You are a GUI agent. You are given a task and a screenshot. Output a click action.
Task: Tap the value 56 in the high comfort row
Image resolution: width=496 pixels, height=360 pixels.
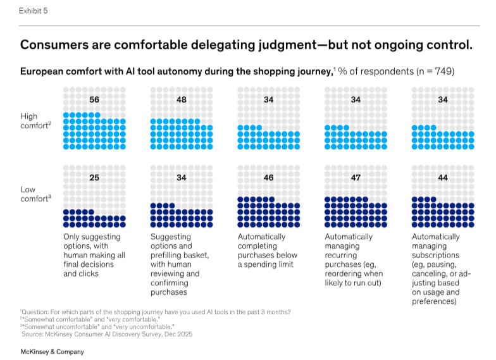(94, 100)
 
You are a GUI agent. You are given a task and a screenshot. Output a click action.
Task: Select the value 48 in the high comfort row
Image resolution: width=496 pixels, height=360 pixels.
(181, 100)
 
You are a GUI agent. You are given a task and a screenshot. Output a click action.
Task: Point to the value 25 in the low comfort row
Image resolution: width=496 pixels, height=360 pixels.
(94, 178)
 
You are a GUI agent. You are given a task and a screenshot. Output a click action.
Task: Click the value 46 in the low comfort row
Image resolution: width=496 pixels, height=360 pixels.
(268, 178)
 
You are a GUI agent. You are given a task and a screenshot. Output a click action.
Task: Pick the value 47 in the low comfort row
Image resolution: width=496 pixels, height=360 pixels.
(356, 178)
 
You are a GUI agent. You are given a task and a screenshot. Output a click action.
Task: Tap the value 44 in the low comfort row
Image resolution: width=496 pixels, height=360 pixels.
(443, 178)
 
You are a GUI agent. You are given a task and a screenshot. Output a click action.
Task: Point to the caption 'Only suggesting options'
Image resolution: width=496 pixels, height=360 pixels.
(94, 255)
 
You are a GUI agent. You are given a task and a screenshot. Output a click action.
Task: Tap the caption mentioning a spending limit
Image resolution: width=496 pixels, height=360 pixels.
(266, 251)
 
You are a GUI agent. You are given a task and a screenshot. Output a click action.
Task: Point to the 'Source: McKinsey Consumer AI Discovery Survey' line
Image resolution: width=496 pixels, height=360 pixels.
(107, 333)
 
